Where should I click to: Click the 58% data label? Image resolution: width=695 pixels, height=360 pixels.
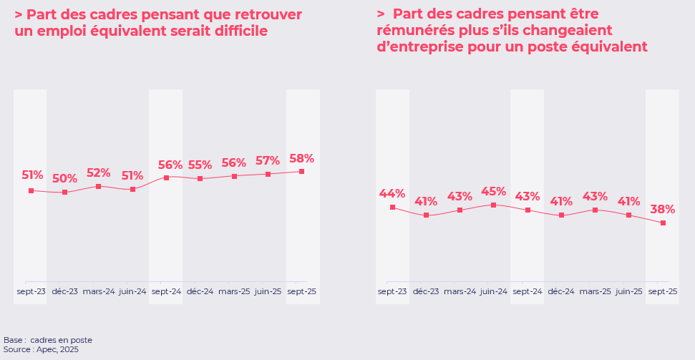tap(301, 159)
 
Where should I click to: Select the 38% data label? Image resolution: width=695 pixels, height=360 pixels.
tap(662, 210)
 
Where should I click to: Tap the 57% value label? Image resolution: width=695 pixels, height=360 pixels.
tap(268, 161)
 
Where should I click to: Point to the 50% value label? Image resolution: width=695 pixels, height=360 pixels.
tap(64, 179)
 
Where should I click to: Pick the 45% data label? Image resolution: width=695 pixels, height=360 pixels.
tap(493, 192)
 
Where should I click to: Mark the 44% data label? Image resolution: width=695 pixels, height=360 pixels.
tap(392, 194)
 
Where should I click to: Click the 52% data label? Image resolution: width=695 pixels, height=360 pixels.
tap(98, 173)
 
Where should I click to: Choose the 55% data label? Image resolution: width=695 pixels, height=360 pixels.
tap(200, 165)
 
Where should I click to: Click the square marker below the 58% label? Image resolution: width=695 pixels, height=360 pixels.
tap(301, 172)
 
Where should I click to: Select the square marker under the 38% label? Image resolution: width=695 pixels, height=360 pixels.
tap(663, 223)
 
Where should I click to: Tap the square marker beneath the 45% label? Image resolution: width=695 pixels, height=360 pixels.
tap(493, 205)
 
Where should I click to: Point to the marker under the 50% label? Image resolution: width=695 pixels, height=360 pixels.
tap(64, 193)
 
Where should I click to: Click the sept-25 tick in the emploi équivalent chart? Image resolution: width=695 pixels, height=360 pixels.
tap(301, 291)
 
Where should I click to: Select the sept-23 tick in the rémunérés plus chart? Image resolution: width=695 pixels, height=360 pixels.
tap(392, 291)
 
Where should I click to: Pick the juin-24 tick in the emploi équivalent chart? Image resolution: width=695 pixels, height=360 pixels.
tap(132, 291)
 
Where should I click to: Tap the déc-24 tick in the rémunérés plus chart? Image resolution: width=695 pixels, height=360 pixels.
tap(561, 291)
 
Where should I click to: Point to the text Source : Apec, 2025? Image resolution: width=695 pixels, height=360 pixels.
tap(41, 349)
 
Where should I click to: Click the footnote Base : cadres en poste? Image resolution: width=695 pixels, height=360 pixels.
tap(48, 340)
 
